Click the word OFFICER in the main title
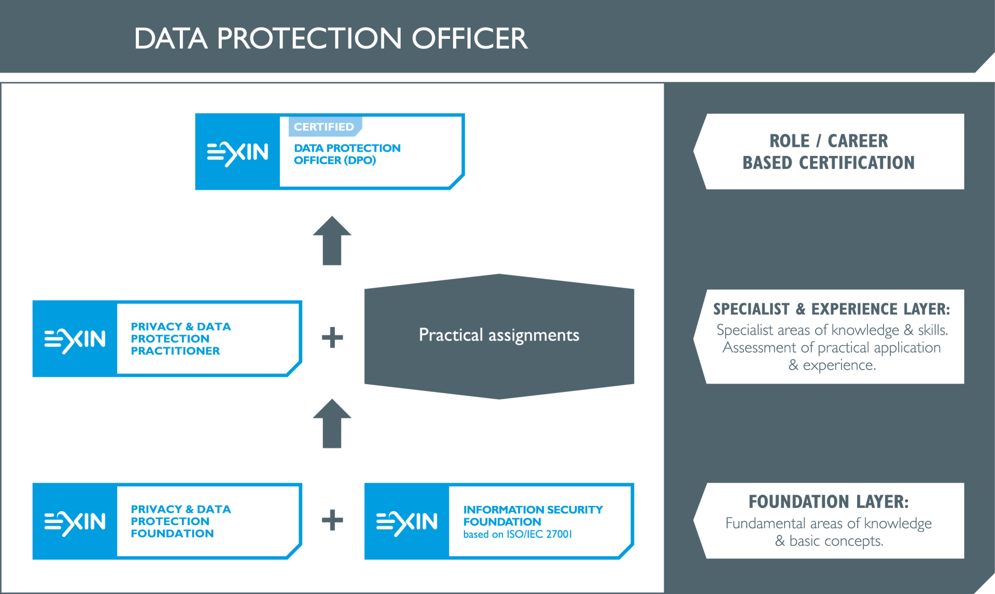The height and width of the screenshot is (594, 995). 470,38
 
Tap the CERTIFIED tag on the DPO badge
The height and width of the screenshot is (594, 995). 324,127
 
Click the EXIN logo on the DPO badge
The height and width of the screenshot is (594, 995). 237,152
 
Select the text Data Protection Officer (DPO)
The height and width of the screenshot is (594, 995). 347,154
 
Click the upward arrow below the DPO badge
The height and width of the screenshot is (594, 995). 332,241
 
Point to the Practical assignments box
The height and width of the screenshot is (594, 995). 499,336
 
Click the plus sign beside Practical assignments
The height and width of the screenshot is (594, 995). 332,338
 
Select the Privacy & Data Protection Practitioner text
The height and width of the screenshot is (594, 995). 181,339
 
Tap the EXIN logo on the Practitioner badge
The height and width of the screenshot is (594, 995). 75,339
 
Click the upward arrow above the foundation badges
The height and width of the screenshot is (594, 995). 332,424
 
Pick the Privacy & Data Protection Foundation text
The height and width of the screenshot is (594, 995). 181,521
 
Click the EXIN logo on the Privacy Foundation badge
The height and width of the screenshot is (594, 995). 75,522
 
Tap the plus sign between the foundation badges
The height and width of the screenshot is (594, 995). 332,520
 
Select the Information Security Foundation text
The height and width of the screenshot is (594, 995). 533,516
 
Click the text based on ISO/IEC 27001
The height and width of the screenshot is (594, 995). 518,534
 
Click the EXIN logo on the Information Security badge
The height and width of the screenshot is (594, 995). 407,522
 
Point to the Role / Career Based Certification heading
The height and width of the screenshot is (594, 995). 829,152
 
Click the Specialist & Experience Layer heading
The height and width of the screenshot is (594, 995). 832,309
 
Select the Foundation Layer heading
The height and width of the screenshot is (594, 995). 829,502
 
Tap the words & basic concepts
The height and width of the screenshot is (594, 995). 829,541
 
